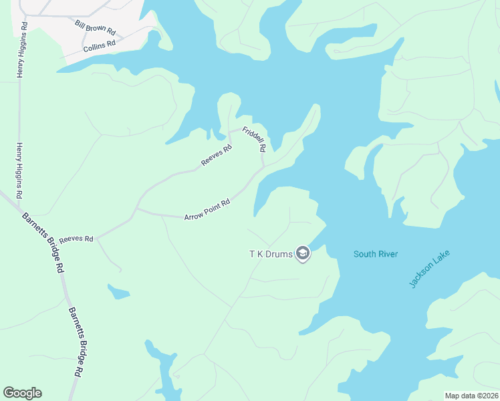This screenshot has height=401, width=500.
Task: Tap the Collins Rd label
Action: (100, 45)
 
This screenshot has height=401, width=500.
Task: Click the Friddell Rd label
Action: (255, 138)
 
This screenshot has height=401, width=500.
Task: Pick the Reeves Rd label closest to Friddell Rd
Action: (216, 156)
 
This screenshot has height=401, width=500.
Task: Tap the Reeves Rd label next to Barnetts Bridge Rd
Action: (76, 239)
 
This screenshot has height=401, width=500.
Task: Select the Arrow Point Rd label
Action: (207, 210)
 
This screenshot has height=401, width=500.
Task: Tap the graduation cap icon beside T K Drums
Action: (303, 254)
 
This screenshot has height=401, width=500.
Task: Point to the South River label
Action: (376, 254)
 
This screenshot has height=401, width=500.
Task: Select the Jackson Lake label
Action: (430, 269)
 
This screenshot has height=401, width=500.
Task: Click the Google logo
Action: (22, 393)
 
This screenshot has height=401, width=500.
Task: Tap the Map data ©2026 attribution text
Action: (471, 396)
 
